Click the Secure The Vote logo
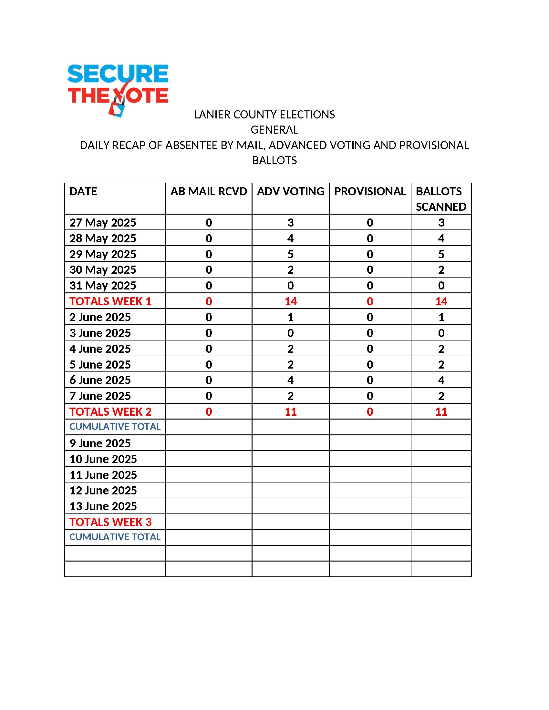click(118, 89)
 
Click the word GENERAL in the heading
click(274, 130)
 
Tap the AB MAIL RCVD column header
click(209, 191)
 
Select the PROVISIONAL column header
click(370, 191)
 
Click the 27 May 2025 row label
click(103, 223)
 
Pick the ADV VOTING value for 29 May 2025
click(290, 254)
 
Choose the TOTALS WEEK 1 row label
click(110, 301)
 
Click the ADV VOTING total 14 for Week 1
click(290, 301)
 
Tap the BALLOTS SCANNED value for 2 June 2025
click(441, 317)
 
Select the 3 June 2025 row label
click(100, 333)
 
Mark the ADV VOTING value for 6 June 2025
click(290, 380)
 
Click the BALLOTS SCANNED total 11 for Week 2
click(441, 412)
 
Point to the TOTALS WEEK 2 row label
click(110, 412)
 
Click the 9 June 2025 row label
click(100, 443)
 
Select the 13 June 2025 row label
click(103, 506)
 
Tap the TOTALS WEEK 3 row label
click(110, 522)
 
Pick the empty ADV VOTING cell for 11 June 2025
click(290, 475)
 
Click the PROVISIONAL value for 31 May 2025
click(370, 286)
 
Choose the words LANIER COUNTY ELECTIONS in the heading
click(264, 115)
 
